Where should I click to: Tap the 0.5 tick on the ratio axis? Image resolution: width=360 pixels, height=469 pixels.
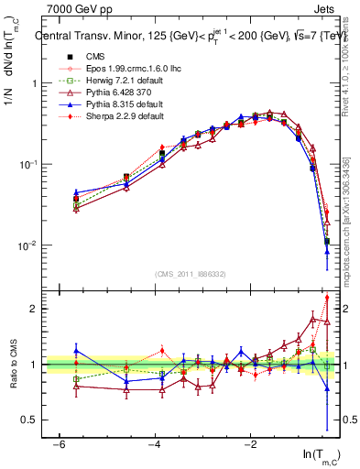(30, 420)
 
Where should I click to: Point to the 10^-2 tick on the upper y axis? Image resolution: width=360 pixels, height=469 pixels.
(27, 245)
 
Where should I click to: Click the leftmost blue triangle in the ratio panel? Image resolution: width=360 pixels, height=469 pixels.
(76, 350)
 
